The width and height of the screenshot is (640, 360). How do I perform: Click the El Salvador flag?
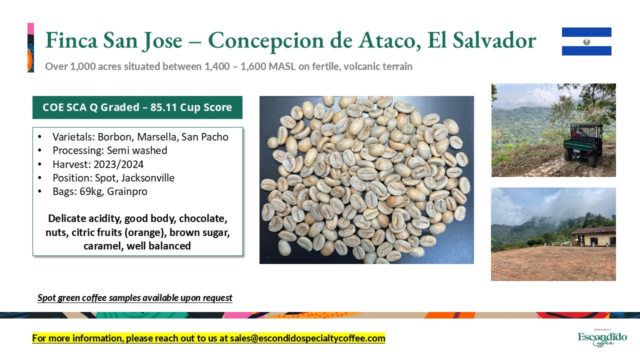coord(586,41)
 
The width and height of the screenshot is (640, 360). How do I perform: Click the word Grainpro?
coord(127,191)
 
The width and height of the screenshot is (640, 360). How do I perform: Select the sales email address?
coord(307,338)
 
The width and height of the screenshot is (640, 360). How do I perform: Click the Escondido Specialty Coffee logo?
coord(602,337)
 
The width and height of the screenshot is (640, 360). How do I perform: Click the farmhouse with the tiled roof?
coord(593,236)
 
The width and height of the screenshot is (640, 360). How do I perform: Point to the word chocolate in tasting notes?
coord(203,218)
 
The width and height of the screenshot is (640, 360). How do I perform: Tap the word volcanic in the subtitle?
coord(357,66)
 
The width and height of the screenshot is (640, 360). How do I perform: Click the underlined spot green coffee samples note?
coord(135,298)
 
